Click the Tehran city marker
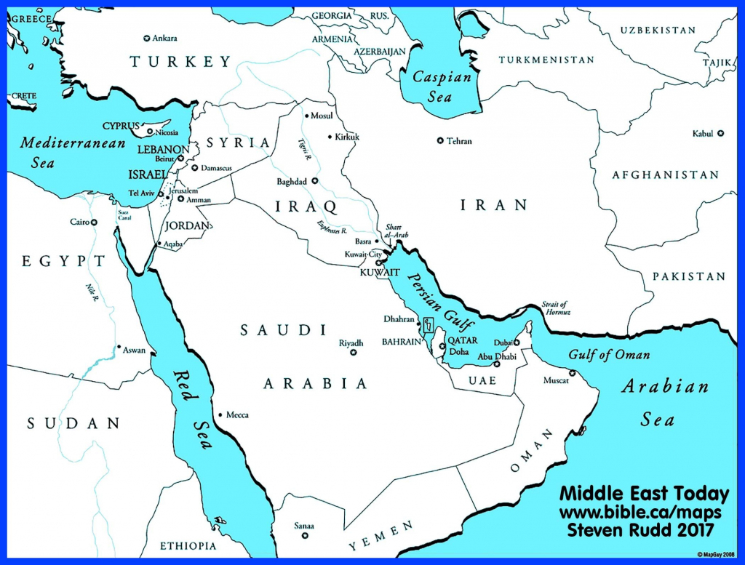[x=439, y=140]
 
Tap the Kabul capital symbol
[x=720, y=133]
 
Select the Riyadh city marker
[x=354, y=353]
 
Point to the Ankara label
[x=165, y=38]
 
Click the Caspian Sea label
[x=442, y=87]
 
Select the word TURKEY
[x=180, y=62]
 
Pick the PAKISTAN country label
[x=688, y=276]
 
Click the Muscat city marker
[x=572, y=374]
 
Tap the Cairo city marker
[x=94, y=222]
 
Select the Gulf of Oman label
[x=610, y=355]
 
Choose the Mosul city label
[x=322, y=116]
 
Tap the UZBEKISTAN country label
[x=658, y=30]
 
